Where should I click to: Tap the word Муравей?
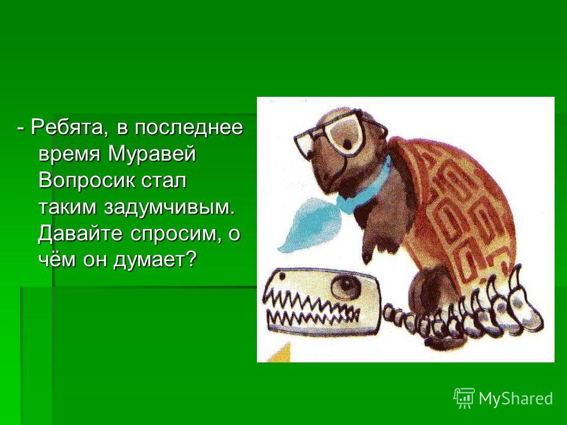point(152,154)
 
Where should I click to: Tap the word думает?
point(149,260)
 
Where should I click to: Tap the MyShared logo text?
point(516,398)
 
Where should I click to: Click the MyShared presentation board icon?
point(464,397)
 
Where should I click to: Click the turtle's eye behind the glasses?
point(347,144)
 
